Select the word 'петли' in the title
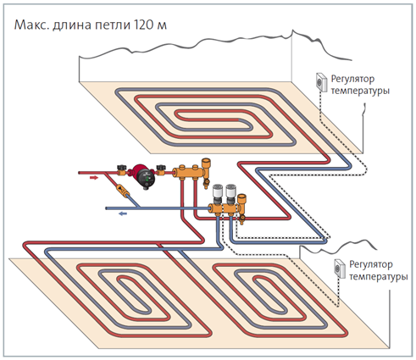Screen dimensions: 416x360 tap(113, 25)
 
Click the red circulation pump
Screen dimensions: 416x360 tap(142, 176)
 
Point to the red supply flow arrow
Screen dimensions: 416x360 tap(94, 178)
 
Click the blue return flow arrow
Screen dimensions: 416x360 tap(123, 213)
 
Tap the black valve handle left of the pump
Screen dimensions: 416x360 tap(121, 168)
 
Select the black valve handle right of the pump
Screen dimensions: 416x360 tap(161, 168)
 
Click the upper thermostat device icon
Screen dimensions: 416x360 tap(322, 82)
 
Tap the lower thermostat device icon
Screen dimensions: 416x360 tap(340, 269)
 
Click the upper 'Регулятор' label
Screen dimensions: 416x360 tap(352, 80)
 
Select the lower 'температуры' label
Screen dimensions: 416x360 tap(379, 277)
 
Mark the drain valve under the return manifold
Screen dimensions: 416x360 tap(242, 219)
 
